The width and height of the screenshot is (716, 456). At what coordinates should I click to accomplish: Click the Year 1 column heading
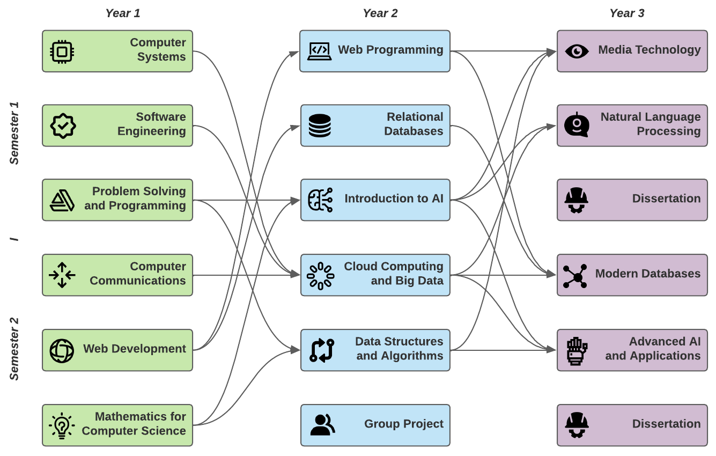click(x=123, y=13)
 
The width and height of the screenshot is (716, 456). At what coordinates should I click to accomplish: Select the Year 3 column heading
click(x=626, y=13)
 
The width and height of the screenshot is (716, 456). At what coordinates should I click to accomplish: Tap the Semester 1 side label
click(x=14, y=133)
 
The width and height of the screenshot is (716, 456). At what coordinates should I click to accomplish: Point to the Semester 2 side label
click(x=14, y=349)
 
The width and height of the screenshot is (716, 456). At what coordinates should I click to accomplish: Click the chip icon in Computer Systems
click(x=62, y=52)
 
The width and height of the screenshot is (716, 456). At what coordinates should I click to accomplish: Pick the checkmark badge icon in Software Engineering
click(x=63, y=126)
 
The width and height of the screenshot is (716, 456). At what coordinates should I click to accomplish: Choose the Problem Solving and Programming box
click(x=117, y=200)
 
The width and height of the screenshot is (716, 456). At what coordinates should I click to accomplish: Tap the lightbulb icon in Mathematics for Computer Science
click(x=62, y=425)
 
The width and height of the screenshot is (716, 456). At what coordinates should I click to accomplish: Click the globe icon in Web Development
click(x=62, y=351)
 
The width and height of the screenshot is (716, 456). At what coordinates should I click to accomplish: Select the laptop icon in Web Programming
click(x=319, y=51)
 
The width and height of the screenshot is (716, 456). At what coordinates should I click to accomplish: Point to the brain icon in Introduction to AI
click(x=320, y=200)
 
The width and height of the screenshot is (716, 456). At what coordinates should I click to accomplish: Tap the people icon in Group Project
click(x=322, y=425)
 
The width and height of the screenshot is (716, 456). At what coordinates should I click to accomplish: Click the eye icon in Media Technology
click(x=577, y=52)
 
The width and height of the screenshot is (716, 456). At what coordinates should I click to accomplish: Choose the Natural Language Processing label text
click(x=650, y=124)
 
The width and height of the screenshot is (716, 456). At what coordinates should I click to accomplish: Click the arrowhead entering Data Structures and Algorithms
click(x=296, y=350)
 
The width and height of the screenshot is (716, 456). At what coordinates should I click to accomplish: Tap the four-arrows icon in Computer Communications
click(x=62, y=275)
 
